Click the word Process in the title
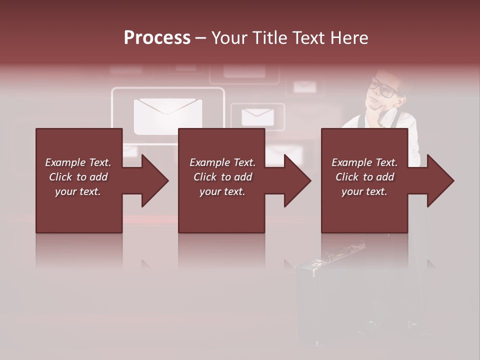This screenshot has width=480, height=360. click(157, 38)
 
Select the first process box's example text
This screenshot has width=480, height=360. click(78, 177)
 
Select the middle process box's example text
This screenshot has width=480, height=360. click(222, 177)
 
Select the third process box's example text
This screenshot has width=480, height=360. click(364, 177)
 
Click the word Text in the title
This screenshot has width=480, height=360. click(307, 38)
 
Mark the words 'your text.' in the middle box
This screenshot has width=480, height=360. click(222, 191)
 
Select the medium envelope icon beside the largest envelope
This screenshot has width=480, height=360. click(257, 117)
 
